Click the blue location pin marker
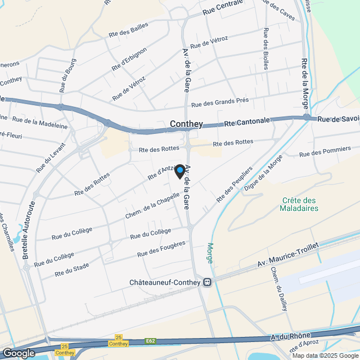[180, 170]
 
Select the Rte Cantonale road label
[247, 122]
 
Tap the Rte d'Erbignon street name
[129, 58]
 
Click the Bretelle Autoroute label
[29, 229]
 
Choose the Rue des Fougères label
[161, 249]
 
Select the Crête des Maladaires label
[299, 204]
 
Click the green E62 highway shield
[150, 340]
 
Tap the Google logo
[19, 353]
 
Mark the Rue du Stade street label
[72, 269]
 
